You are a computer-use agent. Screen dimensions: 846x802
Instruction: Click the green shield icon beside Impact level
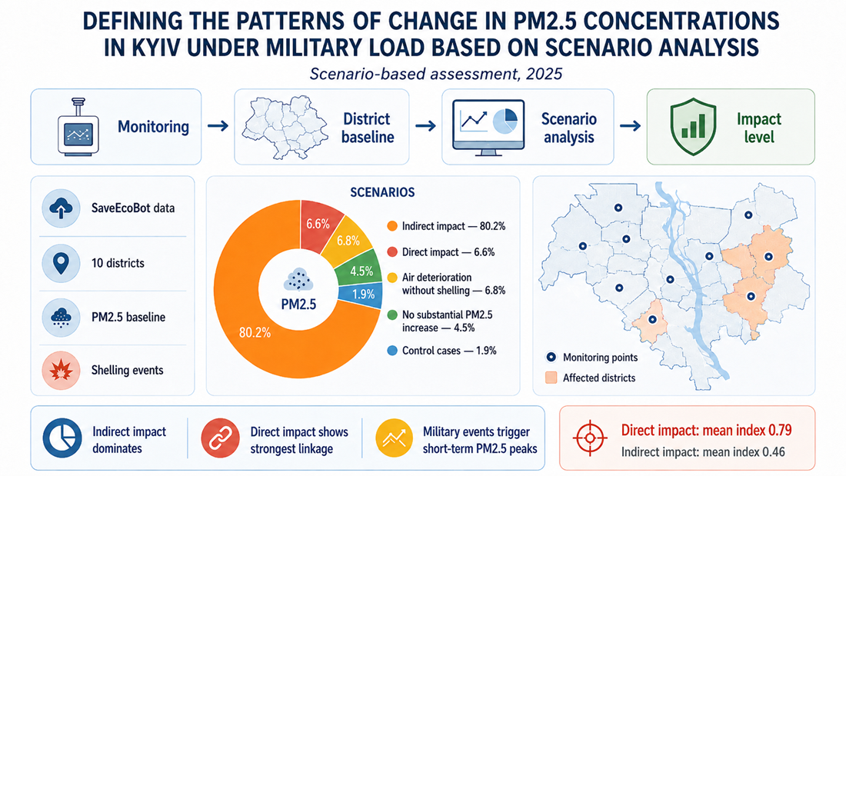pos(693,128)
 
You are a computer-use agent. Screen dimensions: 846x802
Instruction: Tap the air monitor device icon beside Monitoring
pos(78,128)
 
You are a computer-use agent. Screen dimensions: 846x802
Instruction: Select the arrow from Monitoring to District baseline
pos(218,126)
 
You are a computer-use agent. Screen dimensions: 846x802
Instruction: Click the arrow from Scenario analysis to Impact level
pos(630,126)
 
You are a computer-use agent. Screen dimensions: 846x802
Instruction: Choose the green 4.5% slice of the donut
pos(360,270)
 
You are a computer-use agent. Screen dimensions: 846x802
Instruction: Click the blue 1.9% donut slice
pos(361,295)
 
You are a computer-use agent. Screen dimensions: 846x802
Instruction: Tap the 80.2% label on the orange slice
pos(255,333)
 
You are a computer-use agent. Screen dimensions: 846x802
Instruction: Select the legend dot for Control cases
pos(392,351)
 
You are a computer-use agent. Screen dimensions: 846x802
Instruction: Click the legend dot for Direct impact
pos(392,252)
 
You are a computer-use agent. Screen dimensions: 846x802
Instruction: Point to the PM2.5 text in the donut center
pos(298,304)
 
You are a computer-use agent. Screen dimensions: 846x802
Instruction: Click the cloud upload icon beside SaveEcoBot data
pos(61,208)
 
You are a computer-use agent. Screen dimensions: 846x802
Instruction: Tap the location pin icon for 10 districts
pos(61,263)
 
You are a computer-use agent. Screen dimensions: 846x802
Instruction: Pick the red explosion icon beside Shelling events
pos(61,371)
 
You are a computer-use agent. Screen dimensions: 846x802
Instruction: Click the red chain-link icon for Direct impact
pos(220,438)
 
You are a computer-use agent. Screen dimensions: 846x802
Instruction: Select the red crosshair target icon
pos(590,438)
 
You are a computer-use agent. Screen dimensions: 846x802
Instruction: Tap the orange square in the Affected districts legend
pos(551,378)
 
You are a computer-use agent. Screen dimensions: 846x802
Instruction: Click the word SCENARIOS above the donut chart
pos(382,192)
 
